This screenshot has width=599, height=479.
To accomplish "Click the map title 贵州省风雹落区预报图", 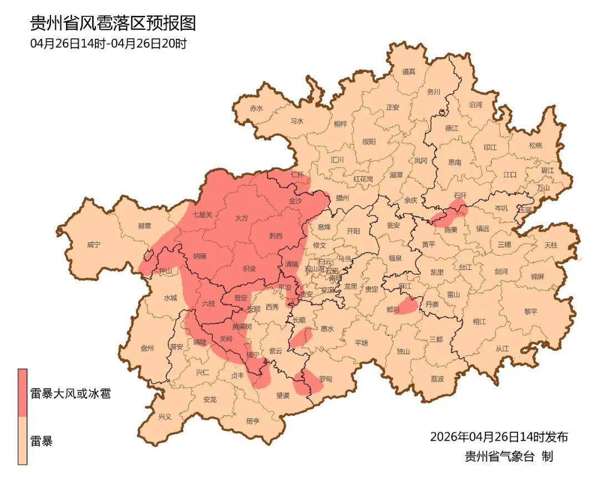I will [x=113, y=23].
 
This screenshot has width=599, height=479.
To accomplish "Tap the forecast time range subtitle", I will [x=108, y=44].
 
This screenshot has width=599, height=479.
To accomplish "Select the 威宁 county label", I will [x=95, y=245].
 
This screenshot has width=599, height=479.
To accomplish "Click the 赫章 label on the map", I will [x=145, y=226].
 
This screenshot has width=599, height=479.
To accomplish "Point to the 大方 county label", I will [x=242, y=218].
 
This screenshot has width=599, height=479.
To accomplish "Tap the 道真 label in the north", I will [x=409, y=72].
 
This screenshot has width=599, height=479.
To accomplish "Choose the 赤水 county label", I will [x=256, y=109].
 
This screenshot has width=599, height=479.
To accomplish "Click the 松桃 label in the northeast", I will [x=535, y=145].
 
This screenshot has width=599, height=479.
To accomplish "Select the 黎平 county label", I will [x=531, y=312].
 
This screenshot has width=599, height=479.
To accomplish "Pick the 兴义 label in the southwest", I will [x=165, y=416].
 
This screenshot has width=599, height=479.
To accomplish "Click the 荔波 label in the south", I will [x=437, y=379].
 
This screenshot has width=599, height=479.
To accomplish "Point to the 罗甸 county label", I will [x=326, y=379].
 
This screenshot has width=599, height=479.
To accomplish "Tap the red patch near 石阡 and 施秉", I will [x=450, y=214].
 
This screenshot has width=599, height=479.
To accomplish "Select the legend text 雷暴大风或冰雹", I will [x=70, y=394].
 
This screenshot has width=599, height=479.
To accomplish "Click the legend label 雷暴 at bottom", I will [x=41, y=442].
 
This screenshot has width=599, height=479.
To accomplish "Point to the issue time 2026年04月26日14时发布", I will [x=499, y=437].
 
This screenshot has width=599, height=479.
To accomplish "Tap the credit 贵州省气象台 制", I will [x=508, y=457].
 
